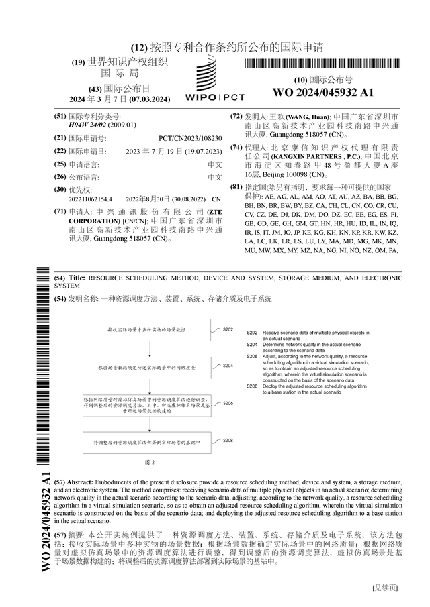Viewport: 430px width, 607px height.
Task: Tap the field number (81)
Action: coord(236,186)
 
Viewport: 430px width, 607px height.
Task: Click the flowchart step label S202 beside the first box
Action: coord(228,330)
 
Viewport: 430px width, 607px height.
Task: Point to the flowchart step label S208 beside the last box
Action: coord(228,440)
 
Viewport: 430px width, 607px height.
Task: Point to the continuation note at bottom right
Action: coord(385,587)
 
